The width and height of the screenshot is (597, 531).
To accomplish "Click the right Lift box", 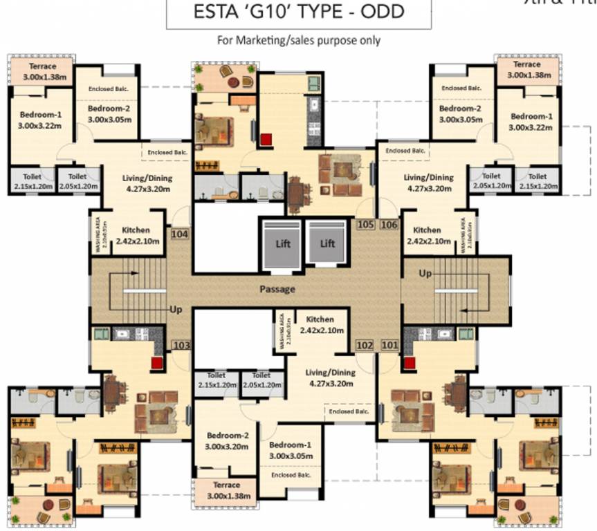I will click(327, 243).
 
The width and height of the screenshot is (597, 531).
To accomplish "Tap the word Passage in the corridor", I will click(277, 289).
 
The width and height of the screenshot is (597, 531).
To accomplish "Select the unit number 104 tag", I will click(180, 234).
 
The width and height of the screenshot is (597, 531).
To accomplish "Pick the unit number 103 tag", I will click(181, 345).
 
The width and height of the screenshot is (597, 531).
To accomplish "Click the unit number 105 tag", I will click(366, 224).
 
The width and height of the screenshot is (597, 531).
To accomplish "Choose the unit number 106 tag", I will click(389, 224).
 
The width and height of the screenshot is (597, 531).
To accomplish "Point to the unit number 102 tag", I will click(365, 344).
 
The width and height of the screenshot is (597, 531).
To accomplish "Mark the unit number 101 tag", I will click(389, 344).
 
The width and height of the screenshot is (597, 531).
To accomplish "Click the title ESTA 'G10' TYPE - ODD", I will click(298, 13).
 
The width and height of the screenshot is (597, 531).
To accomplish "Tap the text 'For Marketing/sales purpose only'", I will click(299, 40).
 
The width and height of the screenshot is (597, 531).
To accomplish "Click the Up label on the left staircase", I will click(176, 309).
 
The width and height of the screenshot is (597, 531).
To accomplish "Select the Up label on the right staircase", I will click(426, 274).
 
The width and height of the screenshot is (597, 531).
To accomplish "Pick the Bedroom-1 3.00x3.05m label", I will click(291, 450).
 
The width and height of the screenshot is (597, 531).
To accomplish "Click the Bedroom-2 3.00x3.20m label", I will click(227, 441).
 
